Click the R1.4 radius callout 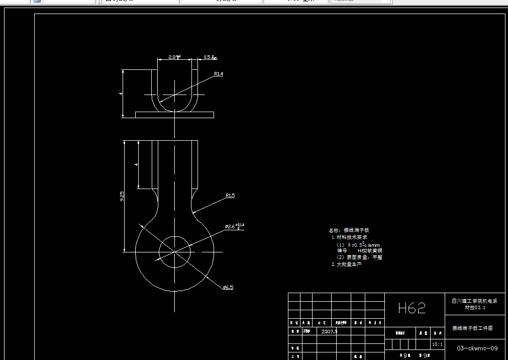[218, 74]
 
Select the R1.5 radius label [230, 195]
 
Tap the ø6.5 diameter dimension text [228, 287]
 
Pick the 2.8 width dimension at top [174, 57]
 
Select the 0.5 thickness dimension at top [210, 57]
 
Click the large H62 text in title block [412, 308]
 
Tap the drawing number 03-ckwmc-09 [477, 348]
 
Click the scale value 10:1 [437, 344]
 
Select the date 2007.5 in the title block [329, 332]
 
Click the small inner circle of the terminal [174, 251]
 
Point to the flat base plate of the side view [174, 115]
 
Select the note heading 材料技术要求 [352, 237]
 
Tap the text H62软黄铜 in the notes [370, 250]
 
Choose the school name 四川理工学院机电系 [474, 301]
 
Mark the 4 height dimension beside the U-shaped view [121, 94]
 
